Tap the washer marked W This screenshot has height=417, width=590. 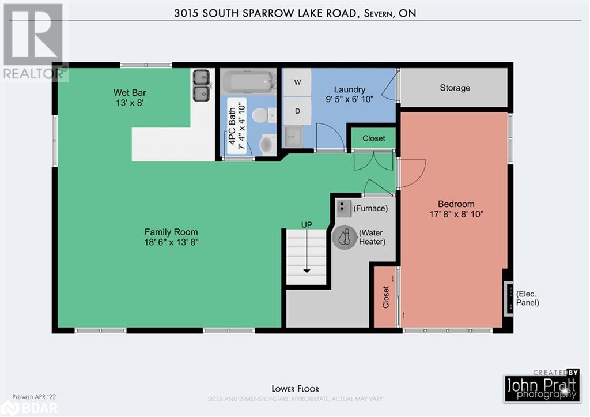click(297, 82)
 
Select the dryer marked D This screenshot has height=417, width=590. click(297, 110)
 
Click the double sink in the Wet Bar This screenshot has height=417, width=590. click(201, 85)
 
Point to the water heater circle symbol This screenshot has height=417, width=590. click(345, 237)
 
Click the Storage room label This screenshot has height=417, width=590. click(455, 88)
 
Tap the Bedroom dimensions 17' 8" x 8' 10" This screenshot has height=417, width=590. click(456, 214)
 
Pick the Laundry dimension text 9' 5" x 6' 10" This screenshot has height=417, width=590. click(349, 99)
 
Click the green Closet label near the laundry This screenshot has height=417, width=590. click(374, 138)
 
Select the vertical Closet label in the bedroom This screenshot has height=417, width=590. click(385, 297)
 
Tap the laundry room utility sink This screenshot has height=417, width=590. click(293, 137)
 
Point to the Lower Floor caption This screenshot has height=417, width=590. click(295, 389)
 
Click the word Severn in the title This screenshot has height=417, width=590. click(377, 13)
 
